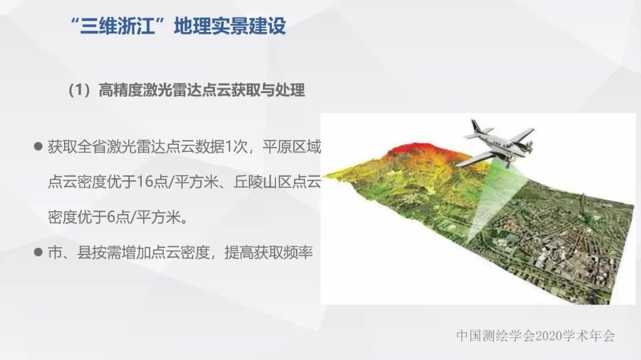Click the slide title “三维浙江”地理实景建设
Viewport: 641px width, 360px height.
point(177,27)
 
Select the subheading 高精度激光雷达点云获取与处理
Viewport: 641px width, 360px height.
point(202,90)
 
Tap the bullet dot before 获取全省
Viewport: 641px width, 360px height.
point(39,146)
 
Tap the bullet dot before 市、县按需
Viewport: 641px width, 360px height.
point(39,251)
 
